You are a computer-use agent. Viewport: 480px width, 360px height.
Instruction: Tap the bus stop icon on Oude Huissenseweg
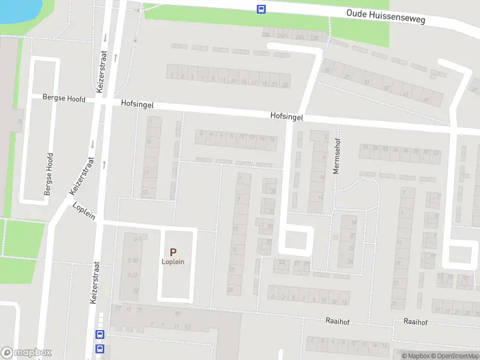[x=262, y=9]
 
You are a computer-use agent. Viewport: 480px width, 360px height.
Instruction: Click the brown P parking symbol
[x=173, y=253]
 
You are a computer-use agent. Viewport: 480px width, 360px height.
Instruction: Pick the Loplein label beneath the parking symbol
[x=173, y=262]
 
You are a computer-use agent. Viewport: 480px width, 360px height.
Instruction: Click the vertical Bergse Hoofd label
[x=49, y=174]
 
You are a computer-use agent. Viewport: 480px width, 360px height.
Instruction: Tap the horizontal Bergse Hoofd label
[x=64, y=98]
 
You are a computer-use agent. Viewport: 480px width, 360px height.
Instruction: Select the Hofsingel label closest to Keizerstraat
[x=137, y=104]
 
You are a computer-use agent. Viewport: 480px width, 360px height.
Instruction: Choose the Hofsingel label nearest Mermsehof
[x=286, y=116]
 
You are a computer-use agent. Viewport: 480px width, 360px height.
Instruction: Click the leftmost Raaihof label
[x=337, y=322]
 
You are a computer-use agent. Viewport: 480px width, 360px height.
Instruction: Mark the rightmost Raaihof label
[x=415, y=322]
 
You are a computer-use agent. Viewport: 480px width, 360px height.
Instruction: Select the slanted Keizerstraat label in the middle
[x=82, y=176]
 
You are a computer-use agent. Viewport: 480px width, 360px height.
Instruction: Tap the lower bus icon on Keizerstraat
[x=100, y=349]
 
